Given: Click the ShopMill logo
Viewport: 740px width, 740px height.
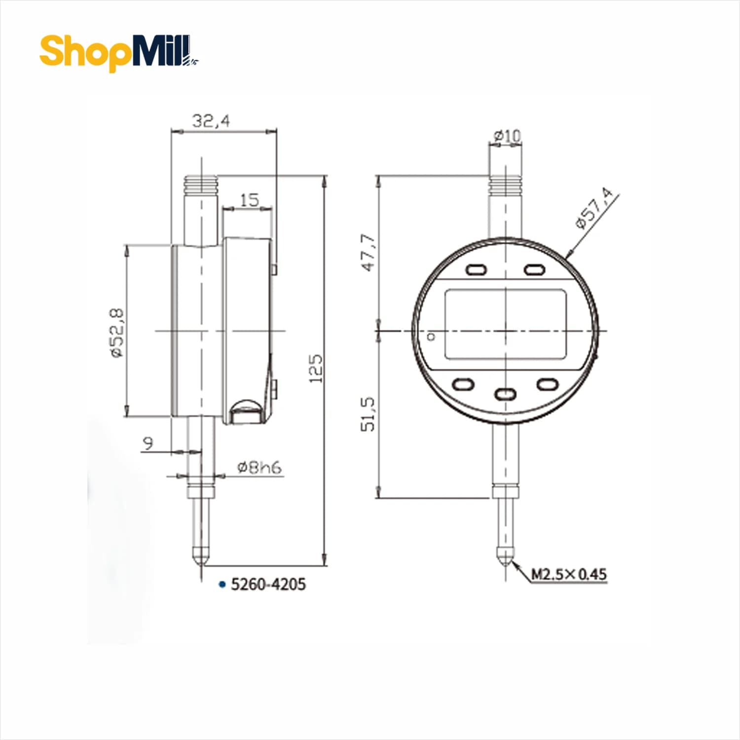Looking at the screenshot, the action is [119, 52].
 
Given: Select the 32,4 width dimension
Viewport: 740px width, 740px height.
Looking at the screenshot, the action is [211, 121].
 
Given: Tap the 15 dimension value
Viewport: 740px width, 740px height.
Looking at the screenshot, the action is [249, 200].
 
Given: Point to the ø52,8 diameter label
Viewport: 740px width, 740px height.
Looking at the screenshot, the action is [117, 333].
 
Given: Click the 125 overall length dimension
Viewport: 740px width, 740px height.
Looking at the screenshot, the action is [316, 368].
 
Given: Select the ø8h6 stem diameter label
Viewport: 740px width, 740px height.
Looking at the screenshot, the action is [259, 467].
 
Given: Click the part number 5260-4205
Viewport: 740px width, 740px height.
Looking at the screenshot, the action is [268, 584].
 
